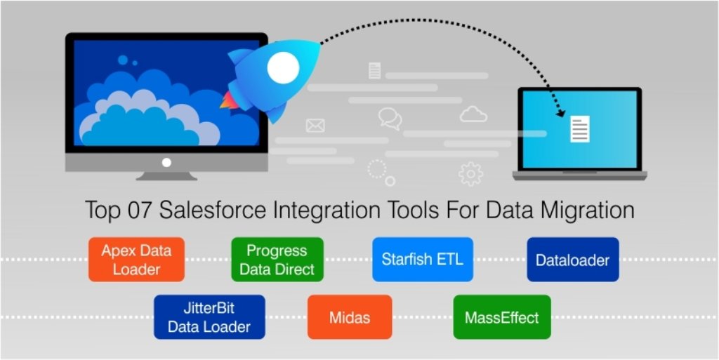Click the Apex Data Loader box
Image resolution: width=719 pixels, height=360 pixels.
click(x=137, y=259)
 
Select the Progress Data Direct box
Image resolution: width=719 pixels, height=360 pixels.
click(x=277, y=259)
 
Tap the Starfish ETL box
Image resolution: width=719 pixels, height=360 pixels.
click(x=422, y=259)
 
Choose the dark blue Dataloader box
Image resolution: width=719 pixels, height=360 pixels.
click(x=573, y=259)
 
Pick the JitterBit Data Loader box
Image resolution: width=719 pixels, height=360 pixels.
click(x=209, y=317)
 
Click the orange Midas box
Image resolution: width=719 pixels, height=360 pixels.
click(x=350, y=317)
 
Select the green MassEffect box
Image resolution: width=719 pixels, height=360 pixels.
click(x=502, y=317)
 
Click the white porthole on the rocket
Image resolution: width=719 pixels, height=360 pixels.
click(x=284, y=68)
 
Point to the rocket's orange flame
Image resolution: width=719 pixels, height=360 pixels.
click(x=230, y=100)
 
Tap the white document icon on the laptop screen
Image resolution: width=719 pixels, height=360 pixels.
click(x=580, y=129)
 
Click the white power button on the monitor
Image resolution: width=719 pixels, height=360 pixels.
click(x=166, y=162)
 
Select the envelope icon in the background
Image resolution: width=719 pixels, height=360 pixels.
click(x=315, y=126)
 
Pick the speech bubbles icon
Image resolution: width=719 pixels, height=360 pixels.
click(x=390, y=119)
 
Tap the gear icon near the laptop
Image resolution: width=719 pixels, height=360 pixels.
click(x=470, y=174)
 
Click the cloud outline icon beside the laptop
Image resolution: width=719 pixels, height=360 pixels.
click(x=473, y=114)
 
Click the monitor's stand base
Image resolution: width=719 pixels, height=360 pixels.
click(x=166, y=176)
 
